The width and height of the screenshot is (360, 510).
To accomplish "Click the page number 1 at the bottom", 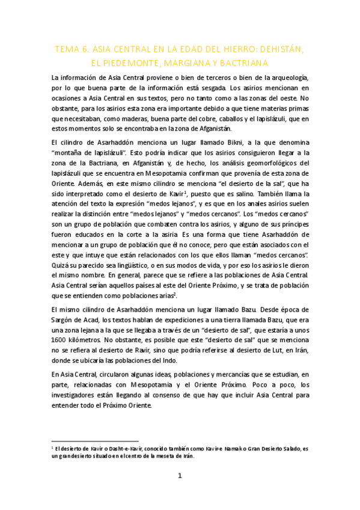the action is (x=179, y=476).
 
